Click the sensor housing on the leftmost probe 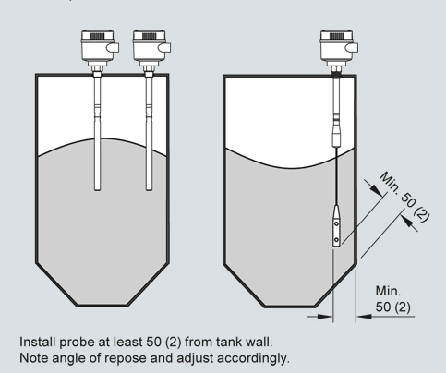point(99,46)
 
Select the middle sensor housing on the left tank point(151,46)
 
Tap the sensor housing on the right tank point(338,46)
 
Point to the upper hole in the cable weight point(337,223)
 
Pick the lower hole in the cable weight point(337,239)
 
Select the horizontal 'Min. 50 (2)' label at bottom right point(393,299)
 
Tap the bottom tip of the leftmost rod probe point(97,190)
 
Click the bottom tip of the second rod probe point(149,190)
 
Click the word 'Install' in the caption point(37,342)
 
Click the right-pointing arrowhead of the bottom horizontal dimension point(326,316)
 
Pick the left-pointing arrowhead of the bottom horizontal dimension point(364,316)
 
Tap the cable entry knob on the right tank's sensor point(353,48)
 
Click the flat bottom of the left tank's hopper point(102,306)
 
